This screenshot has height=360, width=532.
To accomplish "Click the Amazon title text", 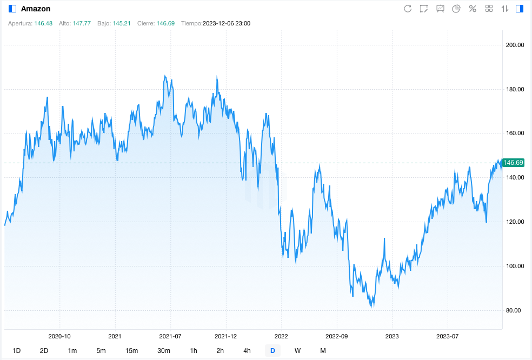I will click(x=36, y=9).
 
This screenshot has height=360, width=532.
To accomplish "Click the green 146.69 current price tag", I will click(x=513, y=163).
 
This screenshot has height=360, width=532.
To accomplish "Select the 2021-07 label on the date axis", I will click(x=170, y=336).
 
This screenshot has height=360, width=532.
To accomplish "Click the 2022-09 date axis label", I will click(x=336, y=336).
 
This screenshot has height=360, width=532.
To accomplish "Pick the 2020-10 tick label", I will click(x=59, y=336).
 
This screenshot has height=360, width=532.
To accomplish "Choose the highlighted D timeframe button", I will click(x=272, y=350).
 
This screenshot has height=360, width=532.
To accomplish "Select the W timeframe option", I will click(x=297, y=350).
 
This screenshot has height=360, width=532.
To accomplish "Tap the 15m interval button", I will click(x=131, y=350).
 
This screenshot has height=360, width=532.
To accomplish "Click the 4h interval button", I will click(x=247, y=350).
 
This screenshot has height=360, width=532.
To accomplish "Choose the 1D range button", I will click(x=17, y=350).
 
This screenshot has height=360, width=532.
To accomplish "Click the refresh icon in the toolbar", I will click(x=408, y=9).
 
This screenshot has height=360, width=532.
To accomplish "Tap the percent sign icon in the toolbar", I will click(x=473, y=9).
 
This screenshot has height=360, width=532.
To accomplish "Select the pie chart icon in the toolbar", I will click(x=456, y=9).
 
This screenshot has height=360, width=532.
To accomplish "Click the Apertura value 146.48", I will click(x=43, y=24).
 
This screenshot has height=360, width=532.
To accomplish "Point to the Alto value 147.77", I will click(x=82, y=24).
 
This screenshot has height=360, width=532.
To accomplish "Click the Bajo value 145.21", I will click(x=122, y=24).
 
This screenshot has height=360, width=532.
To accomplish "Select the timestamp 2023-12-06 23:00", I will click(x=227, y=24).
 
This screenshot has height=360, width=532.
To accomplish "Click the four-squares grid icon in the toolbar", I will click(x=489, y=9).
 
